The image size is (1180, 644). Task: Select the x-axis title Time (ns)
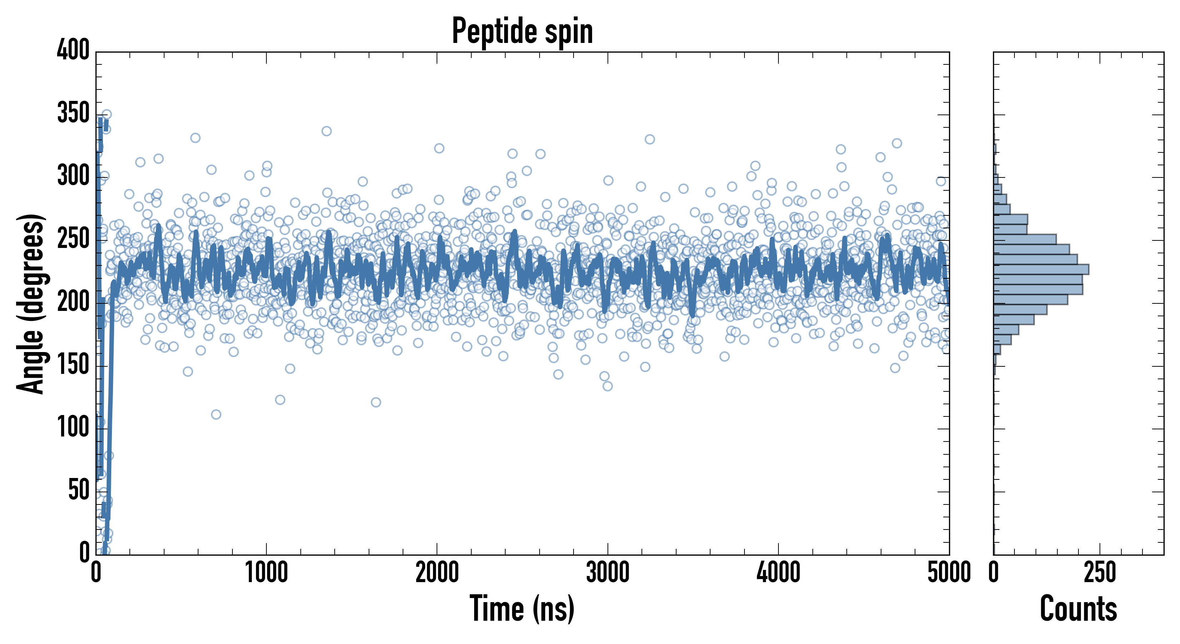click(x=522, y=608)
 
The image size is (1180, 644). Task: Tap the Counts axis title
click(x=1078, y=608)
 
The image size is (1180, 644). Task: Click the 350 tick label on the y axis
click(x=73, y=113)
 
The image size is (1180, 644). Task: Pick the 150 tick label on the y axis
click(x=73, y=365)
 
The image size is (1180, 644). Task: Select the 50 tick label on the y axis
click(x=79, y=491)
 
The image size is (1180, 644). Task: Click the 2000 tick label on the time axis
click(x=437, y=573)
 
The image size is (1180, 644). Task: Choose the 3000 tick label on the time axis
click(x=608, y=573)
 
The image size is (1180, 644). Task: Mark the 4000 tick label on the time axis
click(x=778, y=573)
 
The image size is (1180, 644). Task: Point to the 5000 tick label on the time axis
click(x=949, y=573)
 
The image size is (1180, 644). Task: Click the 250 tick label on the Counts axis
click(x=1100, y=573)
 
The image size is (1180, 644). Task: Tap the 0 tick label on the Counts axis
click(x=994, y=573)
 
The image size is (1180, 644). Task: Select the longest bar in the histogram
click(x=1041, y=269)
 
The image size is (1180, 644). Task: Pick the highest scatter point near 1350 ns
click(x=326, y=131)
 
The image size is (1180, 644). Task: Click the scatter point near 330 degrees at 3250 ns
click(x=650, y=139)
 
